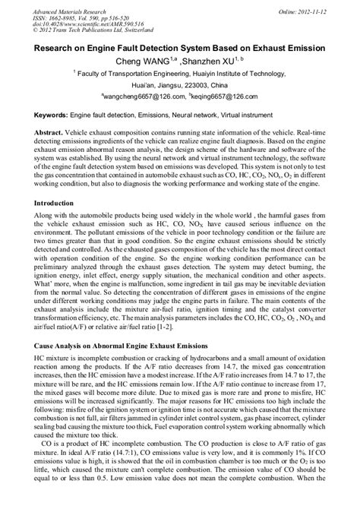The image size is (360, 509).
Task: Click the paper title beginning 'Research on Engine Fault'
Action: click(180, 47)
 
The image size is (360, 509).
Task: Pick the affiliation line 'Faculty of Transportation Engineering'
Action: click(182, 74)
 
